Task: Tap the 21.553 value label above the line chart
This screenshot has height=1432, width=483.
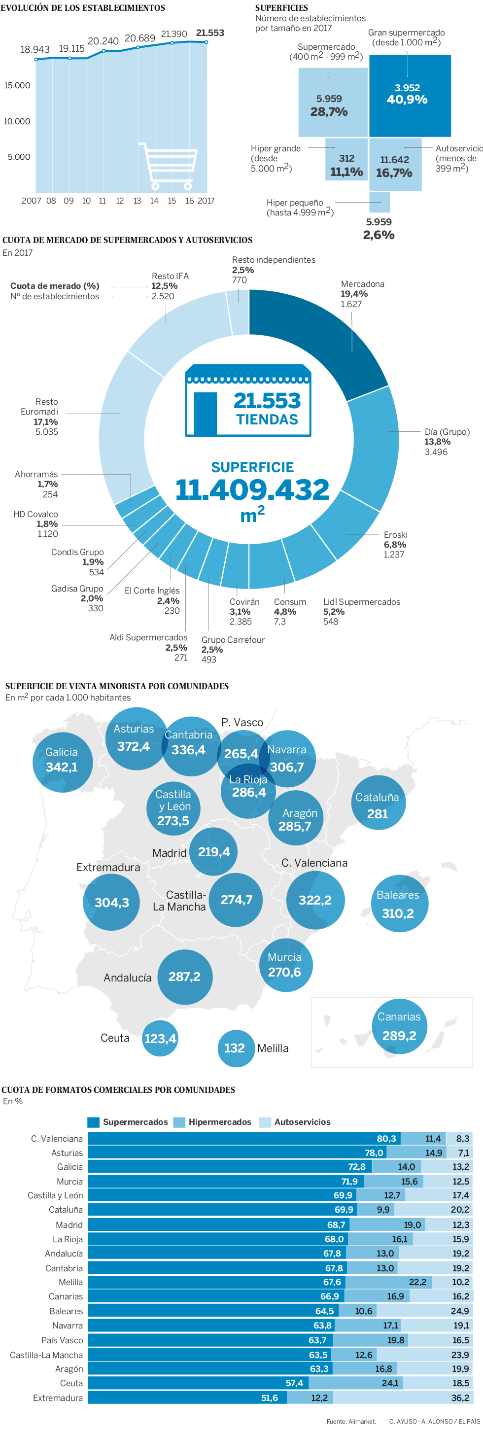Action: [210, 34]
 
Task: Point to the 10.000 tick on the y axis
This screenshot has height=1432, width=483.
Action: [17, 122]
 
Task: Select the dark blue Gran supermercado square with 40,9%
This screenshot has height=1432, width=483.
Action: [410, 96]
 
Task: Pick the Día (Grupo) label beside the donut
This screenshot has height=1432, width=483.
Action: [447, 432]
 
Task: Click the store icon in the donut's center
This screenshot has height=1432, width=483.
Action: [247, 400]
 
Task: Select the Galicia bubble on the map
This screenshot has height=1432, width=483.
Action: [62, 761]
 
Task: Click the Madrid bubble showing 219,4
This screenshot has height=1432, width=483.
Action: [213, 851]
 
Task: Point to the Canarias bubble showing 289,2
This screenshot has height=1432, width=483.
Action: [399, 1027]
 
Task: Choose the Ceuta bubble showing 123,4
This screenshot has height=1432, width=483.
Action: [160, 1039]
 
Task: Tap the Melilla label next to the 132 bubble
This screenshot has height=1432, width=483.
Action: [273, 1048]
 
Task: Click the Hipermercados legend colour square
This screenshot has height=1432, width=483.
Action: [179, 1122]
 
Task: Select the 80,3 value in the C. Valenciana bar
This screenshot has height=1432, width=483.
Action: [386, 1139]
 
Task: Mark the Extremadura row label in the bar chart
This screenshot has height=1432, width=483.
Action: [58, 1397]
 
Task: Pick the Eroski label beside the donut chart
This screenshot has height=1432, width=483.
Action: [395, 535]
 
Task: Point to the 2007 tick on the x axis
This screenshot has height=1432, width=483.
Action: [31, 201]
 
